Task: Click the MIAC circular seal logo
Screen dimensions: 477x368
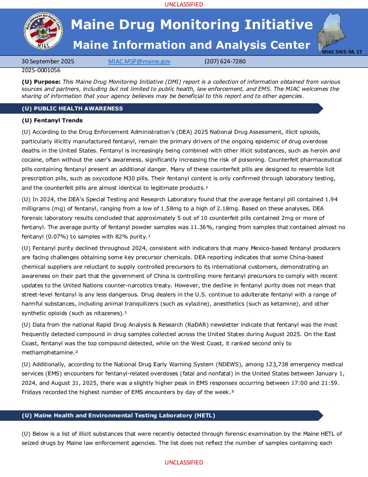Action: [x=43, y=31]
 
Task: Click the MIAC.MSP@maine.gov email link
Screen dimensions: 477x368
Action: [x=139, y=61]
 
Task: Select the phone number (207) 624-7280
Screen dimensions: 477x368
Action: [x=225, y=61]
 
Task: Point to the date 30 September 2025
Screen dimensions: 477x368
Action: [x=48, y=61]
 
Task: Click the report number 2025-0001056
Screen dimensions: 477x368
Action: [x=41, y=70]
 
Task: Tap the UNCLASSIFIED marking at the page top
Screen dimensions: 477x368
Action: [x=184, y=4]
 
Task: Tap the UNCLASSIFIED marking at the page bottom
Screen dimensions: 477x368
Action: [x=184, y=462]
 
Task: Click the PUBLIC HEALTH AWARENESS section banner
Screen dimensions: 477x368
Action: [x=72, y=108]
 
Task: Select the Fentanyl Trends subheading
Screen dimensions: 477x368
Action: [x=52, y=120]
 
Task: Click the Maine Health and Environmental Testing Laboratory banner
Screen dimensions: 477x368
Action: [x=118, y=415]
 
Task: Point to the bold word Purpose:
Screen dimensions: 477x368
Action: [x=47, y=82]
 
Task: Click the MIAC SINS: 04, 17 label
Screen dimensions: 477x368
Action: [x=342, y=52]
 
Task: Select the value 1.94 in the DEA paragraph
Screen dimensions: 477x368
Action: [x=331, y=199]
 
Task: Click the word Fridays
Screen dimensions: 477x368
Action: [x=32, y=392]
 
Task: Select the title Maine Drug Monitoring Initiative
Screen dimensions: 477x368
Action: [x=192, y=24]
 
